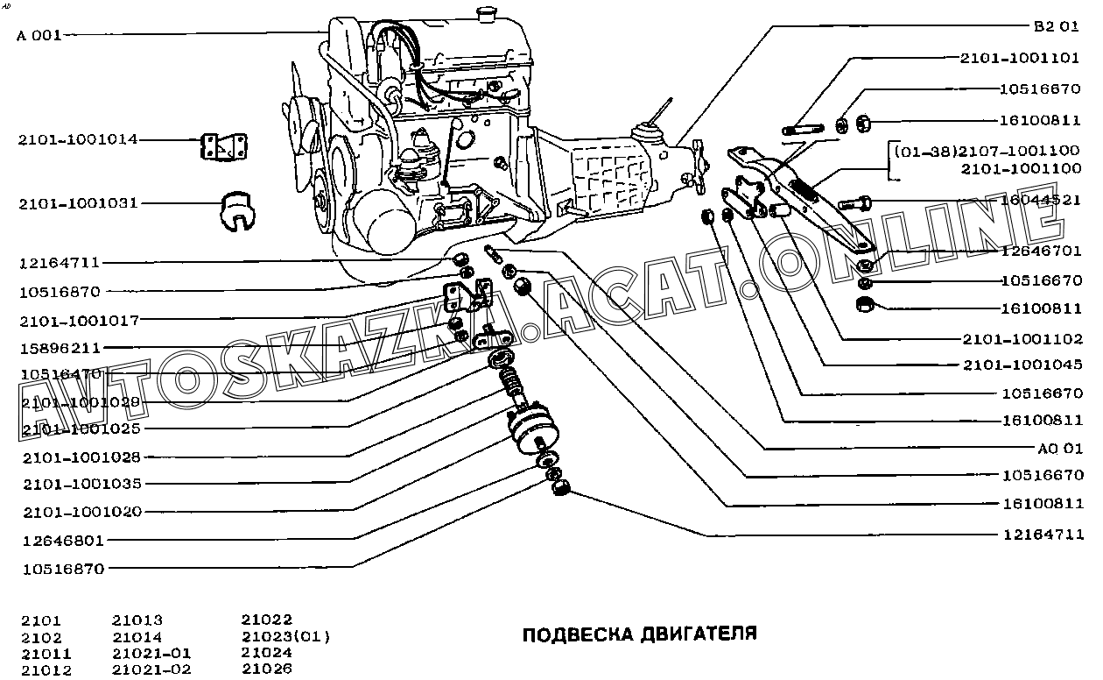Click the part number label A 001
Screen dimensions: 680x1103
click(x=39, y=36)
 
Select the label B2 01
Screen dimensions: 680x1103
click(x=1056, y=26)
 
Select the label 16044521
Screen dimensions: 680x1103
click(x=1041, y=201)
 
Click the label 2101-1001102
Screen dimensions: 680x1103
click(x=1022, y=338)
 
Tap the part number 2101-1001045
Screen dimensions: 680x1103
click(x=1022, y=365)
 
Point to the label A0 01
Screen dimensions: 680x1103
click(x=1059, y=448)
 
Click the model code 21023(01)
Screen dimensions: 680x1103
click(x=285, y=636)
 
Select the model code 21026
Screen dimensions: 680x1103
click(x=266, y=669)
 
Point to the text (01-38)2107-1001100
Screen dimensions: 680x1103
click(x=987, y=151)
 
